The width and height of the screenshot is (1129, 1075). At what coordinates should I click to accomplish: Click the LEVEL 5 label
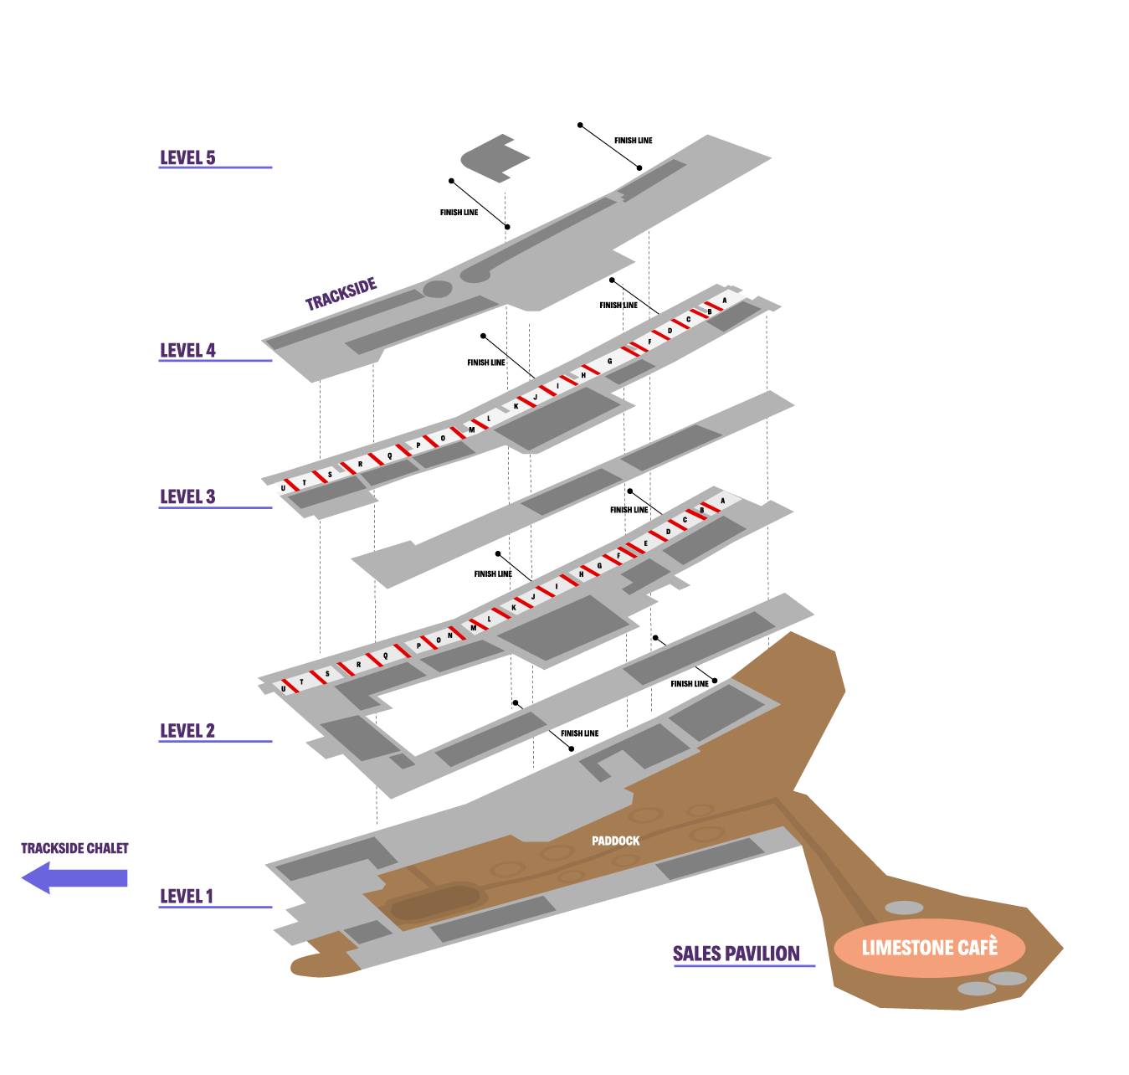(x=187, y=157)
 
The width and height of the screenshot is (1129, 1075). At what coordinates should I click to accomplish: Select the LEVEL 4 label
(x=187, y=350)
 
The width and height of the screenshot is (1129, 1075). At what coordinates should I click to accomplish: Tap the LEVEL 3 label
(x=187, y=496)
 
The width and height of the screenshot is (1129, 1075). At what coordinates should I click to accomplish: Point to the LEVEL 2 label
(x=187, y=730)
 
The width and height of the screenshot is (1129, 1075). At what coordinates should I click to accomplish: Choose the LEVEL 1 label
(x=187, y=896)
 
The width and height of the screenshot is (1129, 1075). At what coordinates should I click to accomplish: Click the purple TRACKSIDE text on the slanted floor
(x=341, y=294)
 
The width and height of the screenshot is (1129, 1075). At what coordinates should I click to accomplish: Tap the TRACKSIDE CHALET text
(x=74, y=848)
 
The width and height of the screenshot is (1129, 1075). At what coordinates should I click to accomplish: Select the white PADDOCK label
(x=615, y=841)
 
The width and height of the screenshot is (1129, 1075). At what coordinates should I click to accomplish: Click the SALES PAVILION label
(x=736, y=953)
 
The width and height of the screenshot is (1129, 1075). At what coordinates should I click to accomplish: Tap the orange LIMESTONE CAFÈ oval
(x=930, y=948)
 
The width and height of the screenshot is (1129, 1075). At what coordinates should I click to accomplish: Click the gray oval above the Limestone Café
(x=904, y=908)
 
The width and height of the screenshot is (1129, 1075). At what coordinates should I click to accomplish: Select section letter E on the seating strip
(x=645, y=543)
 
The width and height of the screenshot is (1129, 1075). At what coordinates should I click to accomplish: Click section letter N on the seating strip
(x=450, y=635)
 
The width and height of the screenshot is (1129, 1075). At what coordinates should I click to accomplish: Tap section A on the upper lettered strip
(x=725, y=300)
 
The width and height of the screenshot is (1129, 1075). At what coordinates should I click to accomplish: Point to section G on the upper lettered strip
(x=609, y=361)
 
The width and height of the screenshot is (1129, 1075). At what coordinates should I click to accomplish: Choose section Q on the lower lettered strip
(x=386, y=655)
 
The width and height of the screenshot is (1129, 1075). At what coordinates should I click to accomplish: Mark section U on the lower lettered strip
(x=284, y=689)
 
